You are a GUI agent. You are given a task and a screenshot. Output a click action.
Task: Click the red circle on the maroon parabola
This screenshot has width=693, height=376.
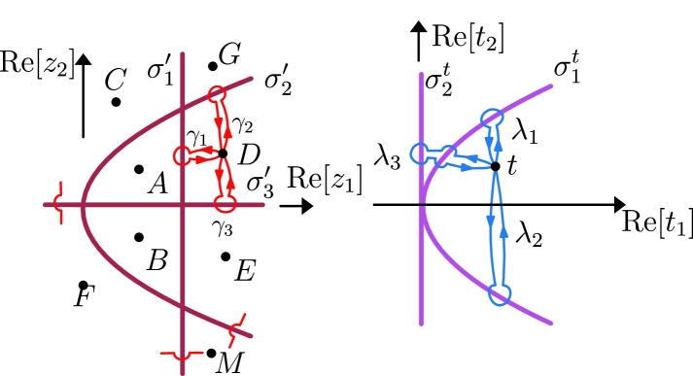[217, 94]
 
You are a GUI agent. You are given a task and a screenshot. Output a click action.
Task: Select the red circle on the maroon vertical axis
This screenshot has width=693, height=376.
[182, 155]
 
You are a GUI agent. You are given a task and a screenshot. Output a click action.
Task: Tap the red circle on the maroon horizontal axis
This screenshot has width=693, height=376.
[225, 203]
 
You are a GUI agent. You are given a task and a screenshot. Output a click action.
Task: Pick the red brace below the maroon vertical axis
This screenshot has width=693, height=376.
[182, 356]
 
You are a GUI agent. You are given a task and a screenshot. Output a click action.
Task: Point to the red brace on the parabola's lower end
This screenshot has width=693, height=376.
[236, 330]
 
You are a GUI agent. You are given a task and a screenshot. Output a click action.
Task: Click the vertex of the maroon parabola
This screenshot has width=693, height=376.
[84, 204]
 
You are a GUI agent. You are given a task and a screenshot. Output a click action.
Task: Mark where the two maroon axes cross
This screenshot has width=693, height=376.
[183, 204]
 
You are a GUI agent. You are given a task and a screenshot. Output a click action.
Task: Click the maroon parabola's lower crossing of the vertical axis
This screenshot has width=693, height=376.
[183, 309]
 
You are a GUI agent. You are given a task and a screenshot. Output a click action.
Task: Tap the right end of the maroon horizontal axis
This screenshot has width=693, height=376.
[262, 204]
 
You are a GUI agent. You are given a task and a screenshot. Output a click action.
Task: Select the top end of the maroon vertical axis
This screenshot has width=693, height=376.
[183, 54]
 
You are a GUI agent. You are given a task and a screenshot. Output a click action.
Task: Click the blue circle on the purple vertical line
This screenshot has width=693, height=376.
[420, 154]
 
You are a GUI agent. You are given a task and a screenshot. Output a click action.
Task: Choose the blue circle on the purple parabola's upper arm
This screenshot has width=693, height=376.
[491, 119]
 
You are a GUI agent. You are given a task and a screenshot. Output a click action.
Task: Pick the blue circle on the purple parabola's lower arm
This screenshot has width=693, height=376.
[499, 294]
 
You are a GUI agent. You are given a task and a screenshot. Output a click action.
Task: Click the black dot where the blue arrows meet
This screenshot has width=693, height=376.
[495, 169]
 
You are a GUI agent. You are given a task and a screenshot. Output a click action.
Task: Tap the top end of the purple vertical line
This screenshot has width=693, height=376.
[421, 75]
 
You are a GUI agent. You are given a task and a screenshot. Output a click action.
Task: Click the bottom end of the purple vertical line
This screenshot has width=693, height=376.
[421, 322]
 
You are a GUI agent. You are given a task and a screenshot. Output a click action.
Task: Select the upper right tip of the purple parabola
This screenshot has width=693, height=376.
[550, 86]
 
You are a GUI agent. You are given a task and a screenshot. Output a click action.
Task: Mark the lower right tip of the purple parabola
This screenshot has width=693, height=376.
[550, 323]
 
